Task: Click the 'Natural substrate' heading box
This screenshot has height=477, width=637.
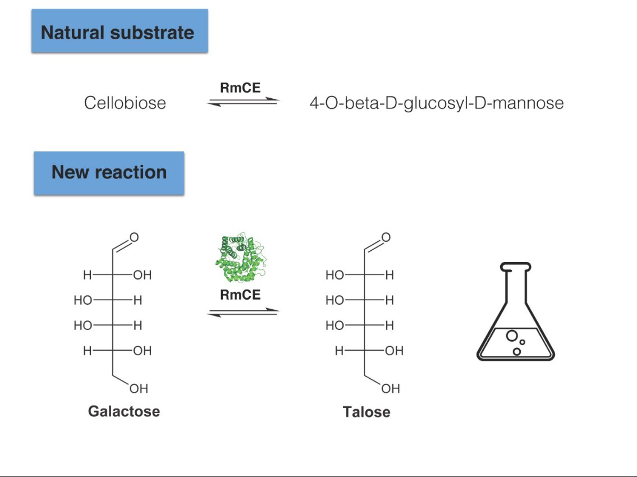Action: [119, 31]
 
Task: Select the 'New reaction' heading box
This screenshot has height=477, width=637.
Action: [109, 172]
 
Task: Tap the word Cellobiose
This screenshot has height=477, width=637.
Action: [125, 103]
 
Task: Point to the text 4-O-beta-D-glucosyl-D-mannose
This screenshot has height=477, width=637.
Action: [437, 103]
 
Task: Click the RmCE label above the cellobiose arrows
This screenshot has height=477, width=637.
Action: [240, 88]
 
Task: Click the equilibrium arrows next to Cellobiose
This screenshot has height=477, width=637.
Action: [242, 102]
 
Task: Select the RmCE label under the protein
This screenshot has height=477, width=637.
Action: [240, 295]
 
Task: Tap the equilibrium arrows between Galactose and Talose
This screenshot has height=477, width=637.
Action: [242, 312]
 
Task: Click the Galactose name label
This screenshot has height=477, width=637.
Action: [124, 411]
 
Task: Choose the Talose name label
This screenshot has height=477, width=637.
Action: [366, 412]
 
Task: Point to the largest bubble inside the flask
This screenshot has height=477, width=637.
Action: [512, 336]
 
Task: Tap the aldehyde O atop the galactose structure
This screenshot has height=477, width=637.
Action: [134, 238]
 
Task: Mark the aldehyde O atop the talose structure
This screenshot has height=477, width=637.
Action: [386, 238]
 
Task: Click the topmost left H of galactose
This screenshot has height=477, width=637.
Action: [87, 276]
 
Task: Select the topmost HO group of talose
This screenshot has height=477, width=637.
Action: [334, 276]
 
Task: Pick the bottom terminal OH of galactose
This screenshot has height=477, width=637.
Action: [139, 388]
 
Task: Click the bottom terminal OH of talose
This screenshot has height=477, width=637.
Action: [391, 388]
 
